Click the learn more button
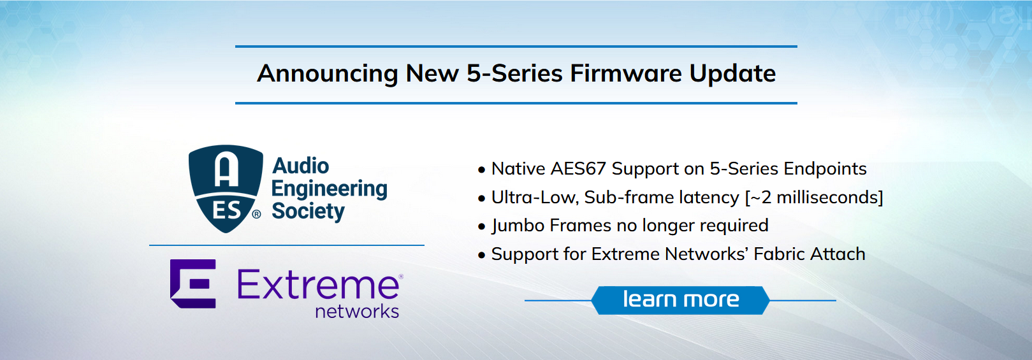point(681,300)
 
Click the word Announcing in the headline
point(327,74)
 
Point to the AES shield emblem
point(225,189)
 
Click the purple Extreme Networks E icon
point(193,284)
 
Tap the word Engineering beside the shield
point(330,189)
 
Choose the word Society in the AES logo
point(309,212)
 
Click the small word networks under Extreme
point(357,312)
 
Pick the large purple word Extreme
point(318,285)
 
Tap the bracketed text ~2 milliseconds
point(814,198)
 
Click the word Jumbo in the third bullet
point(518,226)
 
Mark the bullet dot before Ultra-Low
point(482,199)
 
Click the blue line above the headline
point(516,47)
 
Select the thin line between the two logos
point(287,245)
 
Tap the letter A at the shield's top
point(226,168)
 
